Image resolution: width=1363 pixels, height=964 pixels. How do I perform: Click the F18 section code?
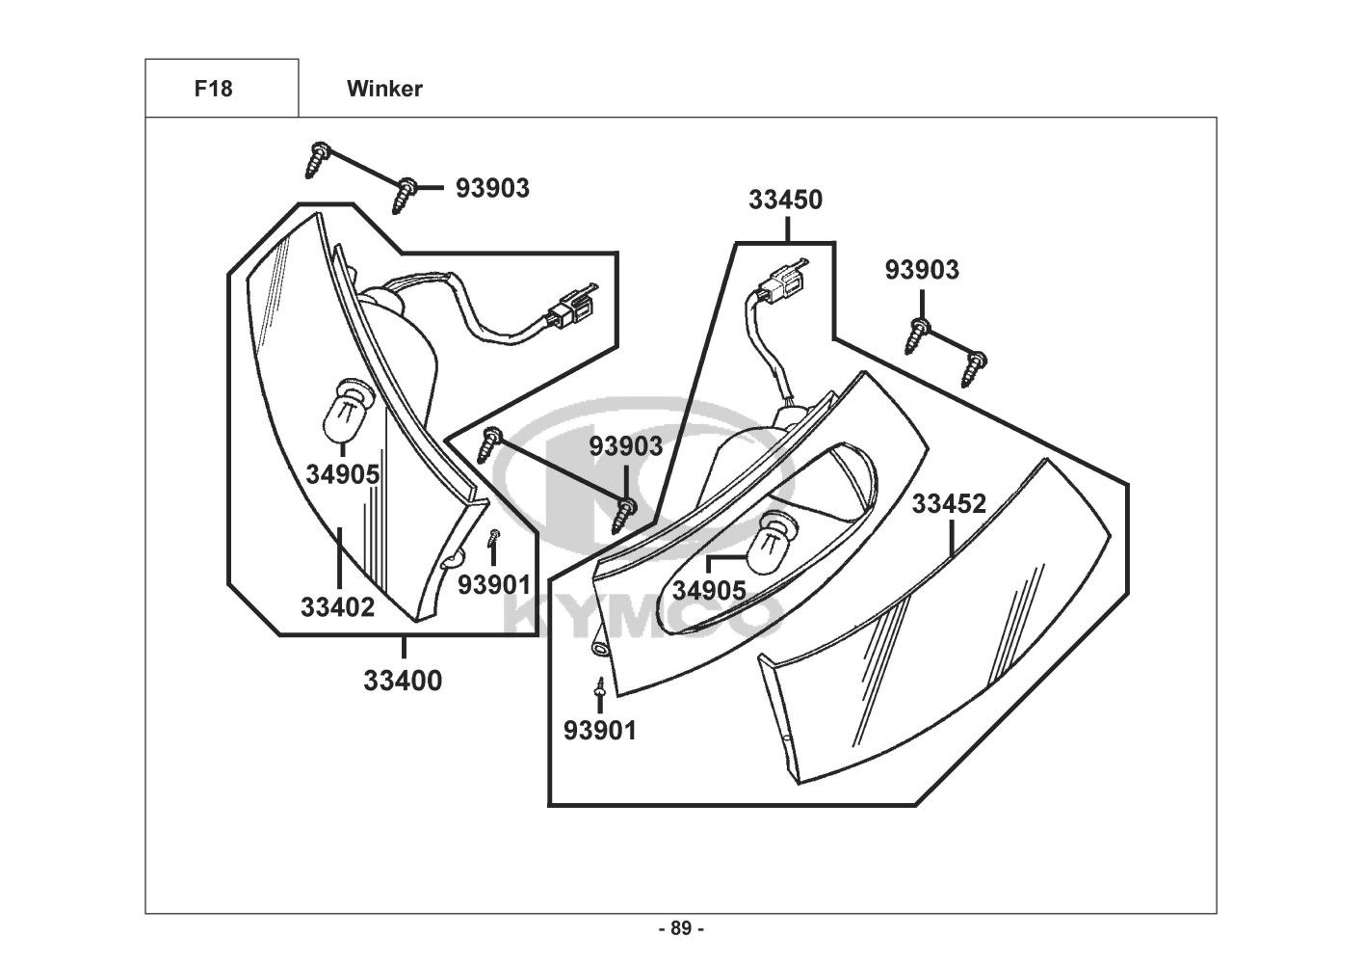[213, 89]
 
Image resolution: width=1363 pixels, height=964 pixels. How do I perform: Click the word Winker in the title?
[384, 89]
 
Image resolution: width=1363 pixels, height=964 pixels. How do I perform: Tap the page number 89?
[681, 928]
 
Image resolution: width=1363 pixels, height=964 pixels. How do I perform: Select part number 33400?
[403, 681]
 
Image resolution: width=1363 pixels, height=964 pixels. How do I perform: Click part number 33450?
[786, 200]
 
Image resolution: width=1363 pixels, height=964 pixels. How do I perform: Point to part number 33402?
[338, 607]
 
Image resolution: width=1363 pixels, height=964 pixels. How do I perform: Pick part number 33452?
[949, 503]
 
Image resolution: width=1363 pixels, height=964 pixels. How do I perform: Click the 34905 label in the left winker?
[343, 474]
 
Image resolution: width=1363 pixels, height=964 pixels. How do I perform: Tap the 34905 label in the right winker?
[709, 591]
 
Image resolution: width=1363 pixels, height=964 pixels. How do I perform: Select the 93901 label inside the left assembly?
[494, 585]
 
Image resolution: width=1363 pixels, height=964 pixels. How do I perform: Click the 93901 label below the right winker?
[600, 731]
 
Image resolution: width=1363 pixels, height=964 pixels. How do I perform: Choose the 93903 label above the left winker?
[493, 188]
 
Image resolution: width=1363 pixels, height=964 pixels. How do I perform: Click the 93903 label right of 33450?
[922, 270]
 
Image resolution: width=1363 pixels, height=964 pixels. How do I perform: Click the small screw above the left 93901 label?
[493, 537]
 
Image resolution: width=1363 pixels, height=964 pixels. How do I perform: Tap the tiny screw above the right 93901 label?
[600, 686]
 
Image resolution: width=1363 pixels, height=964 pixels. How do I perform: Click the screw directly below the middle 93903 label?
[623, 515]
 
